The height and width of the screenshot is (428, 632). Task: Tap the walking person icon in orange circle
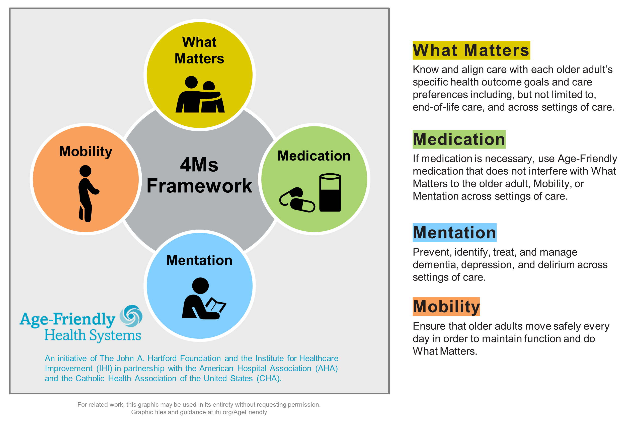87,193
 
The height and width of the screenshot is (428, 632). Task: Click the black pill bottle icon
330,193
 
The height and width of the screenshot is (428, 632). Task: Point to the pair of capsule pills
297,200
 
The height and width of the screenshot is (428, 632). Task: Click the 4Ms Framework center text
199,176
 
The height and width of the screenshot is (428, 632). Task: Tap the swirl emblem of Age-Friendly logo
131,316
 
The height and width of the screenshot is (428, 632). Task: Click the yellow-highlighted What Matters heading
471,50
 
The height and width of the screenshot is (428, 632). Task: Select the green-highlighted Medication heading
459,139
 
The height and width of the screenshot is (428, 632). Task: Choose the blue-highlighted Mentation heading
454,233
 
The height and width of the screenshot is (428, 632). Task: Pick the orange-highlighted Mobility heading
446,307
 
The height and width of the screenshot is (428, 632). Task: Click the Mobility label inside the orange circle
86,151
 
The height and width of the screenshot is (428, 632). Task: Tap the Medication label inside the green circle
314,156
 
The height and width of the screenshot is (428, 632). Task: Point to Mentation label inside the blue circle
199,260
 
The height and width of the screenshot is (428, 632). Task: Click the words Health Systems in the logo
93,335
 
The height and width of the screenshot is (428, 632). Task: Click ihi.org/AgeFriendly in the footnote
241,412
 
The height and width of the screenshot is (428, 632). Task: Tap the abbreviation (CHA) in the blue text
269,379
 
